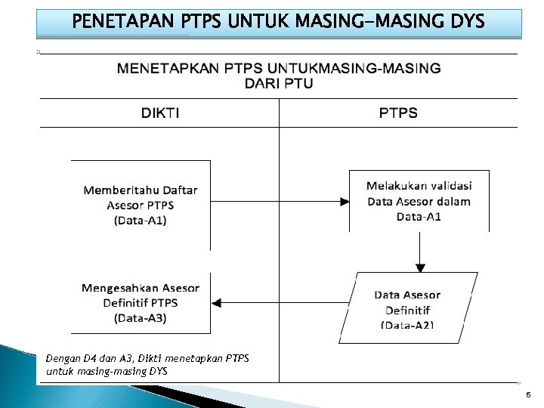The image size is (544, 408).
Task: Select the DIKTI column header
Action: [160, 113]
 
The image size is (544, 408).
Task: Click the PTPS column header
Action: [397, 113]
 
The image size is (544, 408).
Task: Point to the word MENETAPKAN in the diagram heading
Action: [168, 68]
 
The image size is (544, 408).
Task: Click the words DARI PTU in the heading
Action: [279, 83]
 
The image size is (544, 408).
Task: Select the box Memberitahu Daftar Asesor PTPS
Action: [141, 205]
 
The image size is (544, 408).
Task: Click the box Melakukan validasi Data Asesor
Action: [419, 201]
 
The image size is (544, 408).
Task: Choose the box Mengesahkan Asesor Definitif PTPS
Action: [141, 303]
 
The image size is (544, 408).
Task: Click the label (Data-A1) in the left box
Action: [141, 221]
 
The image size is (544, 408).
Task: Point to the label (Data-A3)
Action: [141, 318]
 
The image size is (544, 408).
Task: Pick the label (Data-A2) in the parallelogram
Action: [408, 325]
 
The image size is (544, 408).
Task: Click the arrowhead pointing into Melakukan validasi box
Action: [344, 202]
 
